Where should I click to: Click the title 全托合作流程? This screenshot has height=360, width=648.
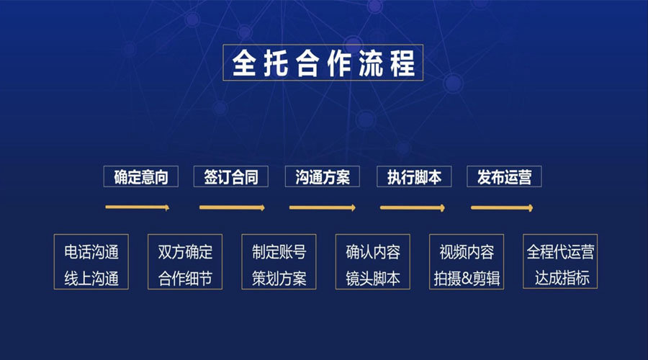pos(323,63)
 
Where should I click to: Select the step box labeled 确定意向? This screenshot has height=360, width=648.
pos(141,176)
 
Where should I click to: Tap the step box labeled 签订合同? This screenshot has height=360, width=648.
pos(231,176)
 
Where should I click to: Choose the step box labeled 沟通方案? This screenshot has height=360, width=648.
pos(323,176)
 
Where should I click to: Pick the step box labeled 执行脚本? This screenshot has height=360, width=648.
pos(414,176)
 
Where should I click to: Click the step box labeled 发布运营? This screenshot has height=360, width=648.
pos(504,176)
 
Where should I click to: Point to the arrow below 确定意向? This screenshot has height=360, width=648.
pos(138,207)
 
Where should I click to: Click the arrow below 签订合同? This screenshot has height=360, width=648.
pos(233,207)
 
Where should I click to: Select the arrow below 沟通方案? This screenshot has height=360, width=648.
pos(323,207)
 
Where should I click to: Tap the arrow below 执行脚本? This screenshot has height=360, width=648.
pos(413,207)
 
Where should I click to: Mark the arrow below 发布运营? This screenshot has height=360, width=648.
pos(502,207)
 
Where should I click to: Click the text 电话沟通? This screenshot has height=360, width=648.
pos(91,252)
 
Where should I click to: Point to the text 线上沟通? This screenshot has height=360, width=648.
pos(91,278)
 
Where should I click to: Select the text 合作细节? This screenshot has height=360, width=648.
pos(185,278)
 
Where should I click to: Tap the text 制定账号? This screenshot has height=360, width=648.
pos(279,252)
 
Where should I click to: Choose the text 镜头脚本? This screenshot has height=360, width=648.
pos(373,278)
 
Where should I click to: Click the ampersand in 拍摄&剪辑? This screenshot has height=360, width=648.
pos(467,279)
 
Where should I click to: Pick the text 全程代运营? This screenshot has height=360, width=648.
pos(560,252)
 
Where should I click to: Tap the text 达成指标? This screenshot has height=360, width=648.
pos(562,278)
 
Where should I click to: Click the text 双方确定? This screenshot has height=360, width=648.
pos(185,252)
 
